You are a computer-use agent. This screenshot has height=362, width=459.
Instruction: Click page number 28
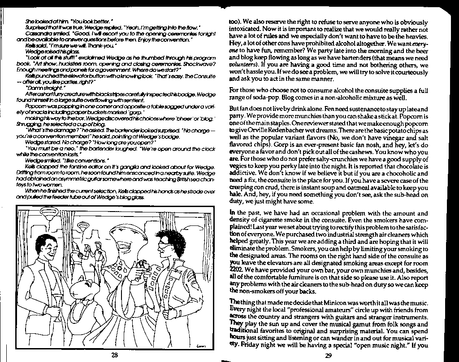coord(114,355)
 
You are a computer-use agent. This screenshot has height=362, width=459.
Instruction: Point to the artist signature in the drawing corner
coord(200,346)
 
